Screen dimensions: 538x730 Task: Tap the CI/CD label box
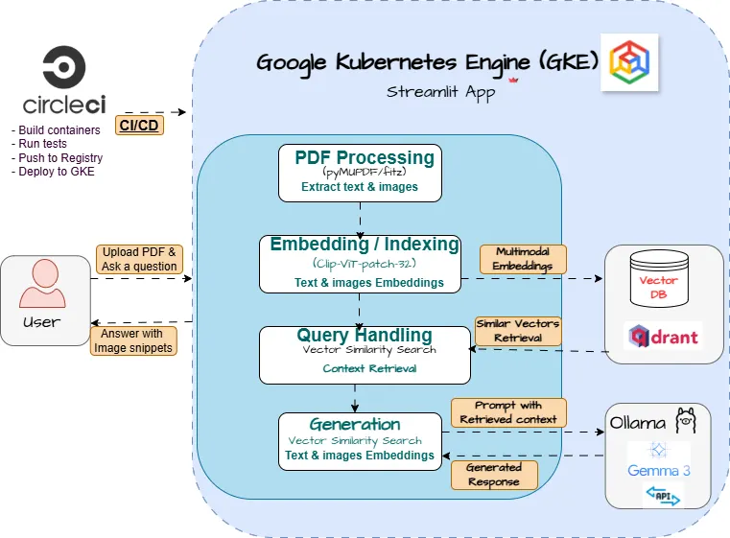[140, 125]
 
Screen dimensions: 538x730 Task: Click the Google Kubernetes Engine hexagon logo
[630, 62]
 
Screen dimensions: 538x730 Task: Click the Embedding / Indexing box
[359, 263]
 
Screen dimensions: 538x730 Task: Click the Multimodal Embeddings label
[524, 258]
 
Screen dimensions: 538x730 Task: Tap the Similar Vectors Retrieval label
[518, 331]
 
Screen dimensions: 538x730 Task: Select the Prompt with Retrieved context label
[508, 412]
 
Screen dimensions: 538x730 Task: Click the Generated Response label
[493, 474]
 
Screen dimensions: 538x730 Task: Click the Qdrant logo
[663, 336]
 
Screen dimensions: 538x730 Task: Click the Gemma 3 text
[658, 470]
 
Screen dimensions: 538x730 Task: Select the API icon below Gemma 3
[662, 494]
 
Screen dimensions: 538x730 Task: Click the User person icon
[42, 284]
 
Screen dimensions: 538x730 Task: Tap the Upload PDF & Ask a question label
[139, 259]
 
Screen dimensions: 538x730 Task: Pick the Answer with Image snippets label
[133, 340]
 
